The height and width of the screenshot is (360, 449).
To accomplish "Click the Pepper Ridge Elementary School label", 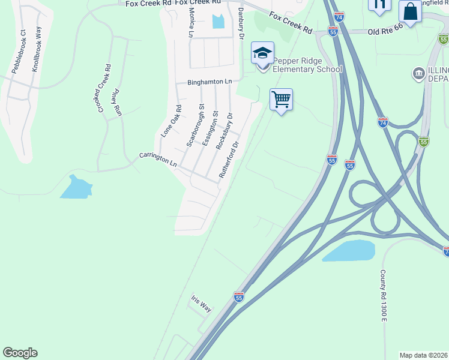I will [x=308, y=65].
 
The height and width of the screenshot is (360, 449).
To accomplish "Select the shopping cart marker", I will [x=281, y=99].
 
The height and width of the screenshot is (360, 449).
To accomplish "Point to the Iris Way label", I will [x=201, y=303].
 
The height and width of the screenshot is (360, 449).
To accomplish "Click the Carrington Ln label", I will [x=158, y=159].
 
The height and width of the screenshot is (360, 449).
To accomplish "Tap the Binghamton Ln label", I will [x=209, y=81].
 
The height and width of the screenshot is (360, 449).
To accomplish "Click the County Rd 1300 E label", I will [x=382, y=295].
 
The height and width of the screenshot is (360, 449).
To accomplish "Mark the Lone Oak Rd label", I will [x=170, y=121].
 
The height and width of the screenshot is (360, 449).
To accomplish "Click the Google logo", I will [x=20, y=353].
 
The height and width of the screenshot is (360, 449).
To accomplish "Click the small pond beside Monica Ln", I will [x=218, y=21].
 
